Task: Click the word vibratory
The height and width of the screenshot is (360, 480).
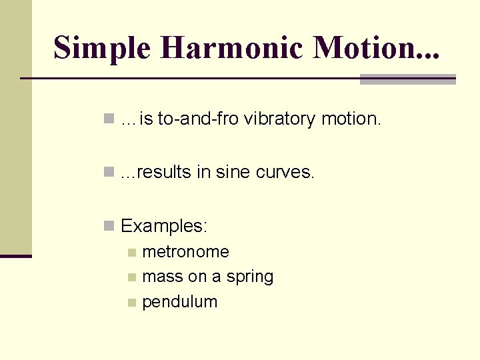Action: coord(279,119)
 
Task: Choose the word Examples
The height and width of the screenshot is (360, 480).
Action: coord(164,227)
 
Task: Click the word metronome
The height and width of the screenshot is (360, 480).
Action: coord(185,252)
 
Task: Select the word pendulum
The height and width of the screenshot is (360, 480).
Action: coord(180,302)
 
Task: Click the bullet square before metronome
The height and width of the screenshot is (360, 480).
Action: coord(132,253)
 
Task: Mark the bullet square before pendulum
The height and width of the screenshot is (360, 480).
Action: coord(132,303)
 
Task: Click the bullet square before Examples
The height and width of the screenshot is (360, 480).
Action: coord(109,227)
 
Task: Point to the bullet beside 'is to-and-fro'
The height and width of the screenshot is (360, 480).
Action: coord(109,119)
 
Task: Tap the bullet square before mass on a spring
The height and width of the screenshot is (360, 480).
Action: coord(132,277)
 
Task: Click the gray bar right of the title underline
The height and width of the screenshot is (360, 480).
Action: coord(407,79)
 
